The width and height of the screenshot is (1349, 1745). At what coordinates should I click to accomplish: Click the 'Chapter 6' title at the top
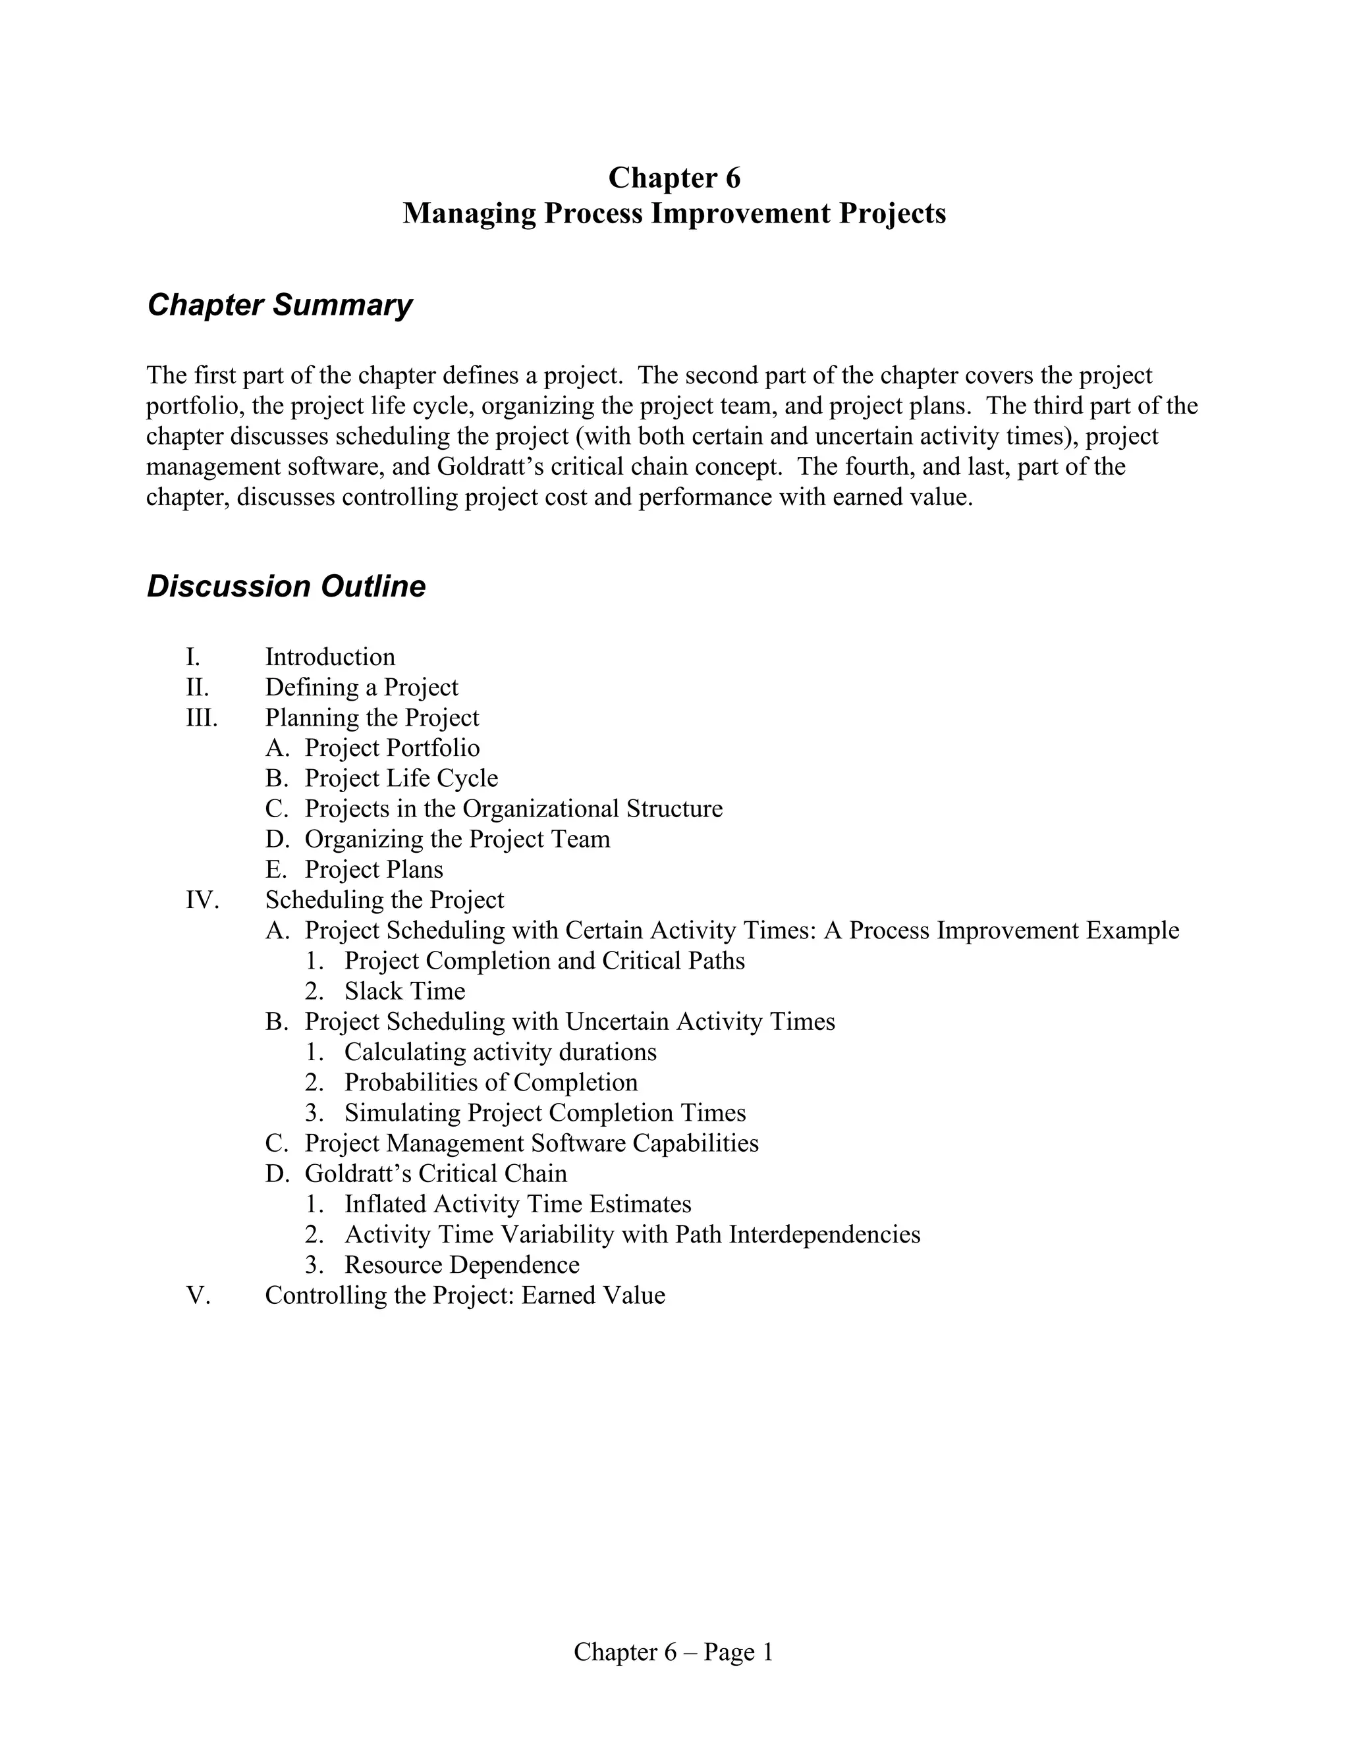pos(674,177)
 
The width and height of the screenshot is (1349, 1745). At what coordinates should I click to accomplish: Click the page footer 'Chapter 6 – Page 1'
pos(674,1651)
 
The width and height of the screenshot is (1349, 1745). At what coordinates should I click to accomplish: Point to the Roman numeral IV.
pos(202,899)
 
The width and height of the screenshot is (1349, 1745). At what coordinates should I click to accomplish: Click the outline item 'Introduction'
pos(330,657)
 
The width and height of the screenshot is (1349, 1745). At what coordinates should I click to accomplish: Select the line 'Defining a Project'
pos(361,687)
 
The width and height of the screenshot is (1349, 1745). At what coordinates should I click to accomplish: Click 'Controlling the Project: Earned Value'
pos(465,1295)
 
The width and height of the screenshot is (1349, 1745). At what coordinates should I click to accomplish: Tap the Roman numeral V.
pos(198,1295)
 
